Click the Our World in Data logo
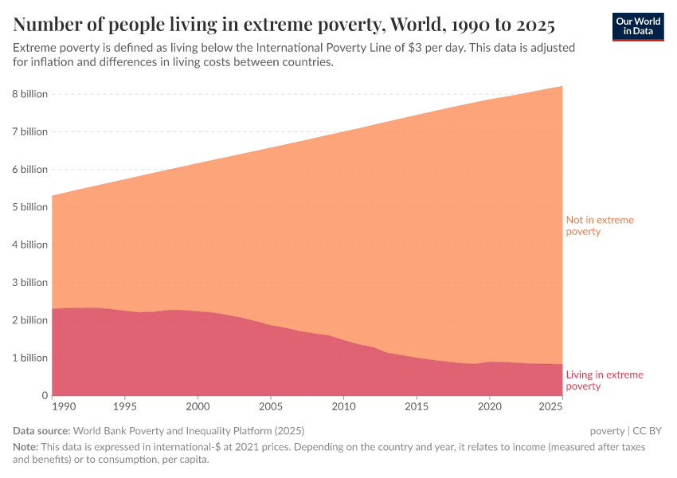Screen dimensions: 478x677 tap(637, 26)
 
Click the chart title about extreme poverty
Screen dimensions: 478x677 tap(284, 22)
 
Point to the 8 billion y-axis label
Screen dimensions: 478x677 tap(30, 94)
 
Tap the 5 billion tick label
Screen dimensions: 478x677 tap(30, 207)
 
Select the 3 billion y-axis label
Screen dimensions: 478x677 tap(30, 283)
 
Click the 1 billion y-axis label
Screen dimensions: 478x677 tap(30, 358)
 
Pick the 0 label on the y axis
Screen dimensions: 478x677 tap(45, 396)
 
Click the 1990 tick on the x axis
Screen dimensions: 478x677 tap(63, 407)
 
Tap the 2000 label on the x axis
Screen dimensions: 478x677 tap(198, 407)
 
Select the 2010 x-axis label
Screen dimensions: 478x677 tap(343, 407)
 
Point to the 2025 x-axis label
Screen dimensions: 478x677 tap(549, 407)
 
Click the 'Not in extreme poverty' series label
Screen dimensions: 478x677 tap(600, 225)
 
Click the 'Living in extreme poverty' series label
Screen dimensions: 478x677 tap(605, 380)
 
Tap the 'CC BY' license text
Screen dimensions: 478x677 tap(648, 431)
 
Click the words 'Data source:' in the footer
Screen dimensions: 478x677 tap(42, 431)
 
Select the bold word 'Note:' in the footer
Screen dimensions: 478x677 tap(26, 448)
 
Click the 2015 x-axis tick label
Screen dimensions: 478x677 tap(417, 407)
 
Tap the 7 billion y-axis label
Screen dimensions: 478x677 tap(30, 132)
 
